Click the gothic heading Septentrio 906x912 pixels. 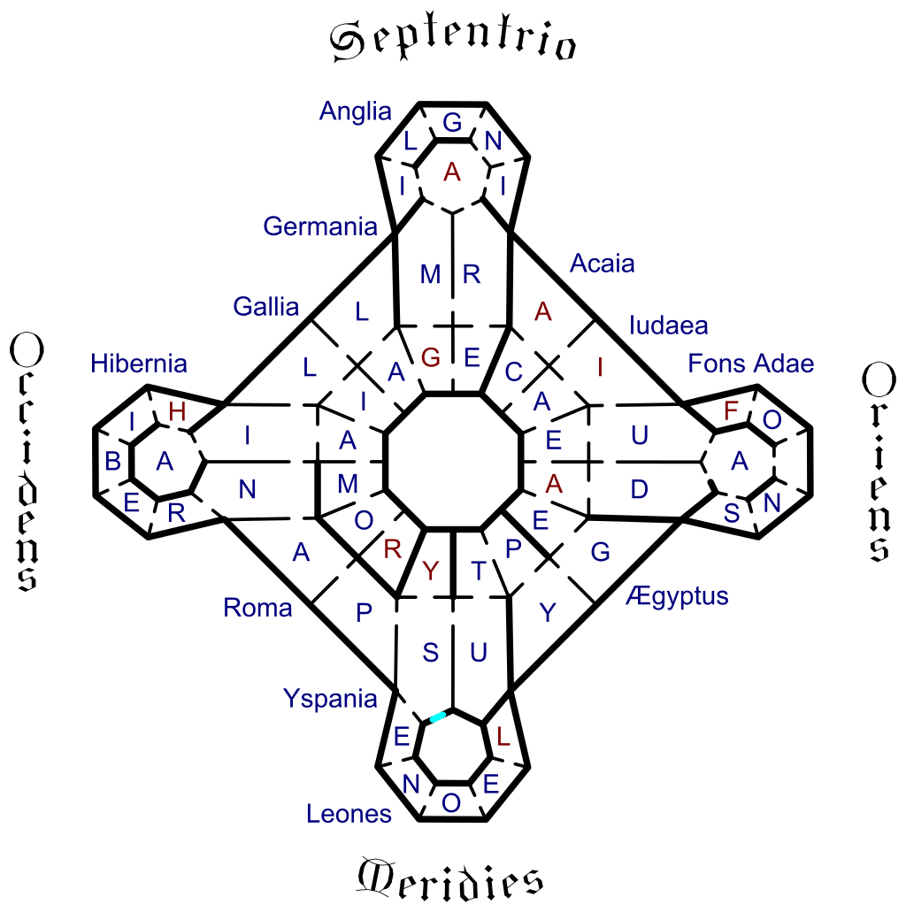tap(453, 41)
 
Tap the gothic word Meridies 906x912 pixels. tap(449, 878)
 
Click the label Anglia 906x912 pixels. tap(356, 111)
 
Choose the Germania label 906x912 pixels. tap(320, 226)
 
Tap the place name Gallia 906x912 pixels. tap(266, 307)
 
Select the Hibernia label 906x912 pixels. tap(139, 364)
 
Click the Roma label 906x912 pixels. tap(257, 608)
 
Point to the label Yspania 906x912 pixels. tap(330, 699)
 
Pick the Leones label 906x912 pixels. tap(349, 814)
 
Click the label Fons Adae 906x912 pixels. tap(750, 364)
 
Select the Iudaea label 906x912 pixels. tap(669, 326)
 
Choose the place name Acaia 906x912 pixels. tap(602, 264)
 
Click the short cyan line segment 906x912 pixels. tap(438, 717)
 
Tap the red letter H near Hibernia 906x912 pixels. tap(177, 412)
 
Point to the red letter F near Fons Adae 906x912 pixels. tap(730, 411)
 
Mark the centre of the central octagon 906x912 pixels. tap(453, 461)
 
